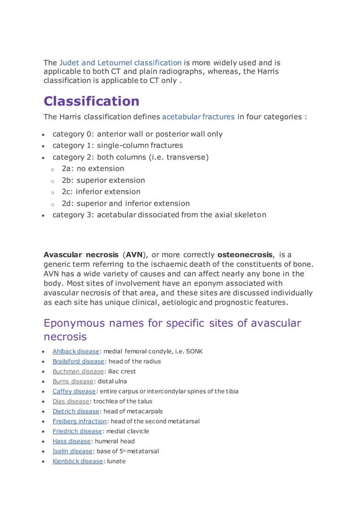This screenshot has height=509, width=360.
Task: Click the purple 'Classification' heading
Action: pos(91,102)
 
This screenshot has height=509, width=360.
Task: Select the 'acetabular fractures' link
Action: pos(198,117)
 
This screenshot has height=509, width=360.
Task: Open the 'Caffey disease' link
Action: pos(74,392)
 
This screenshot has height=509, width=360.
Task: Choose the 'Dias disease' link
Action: pos(71,401)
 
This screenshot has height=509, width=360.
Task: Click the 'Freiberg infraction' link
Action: pos(80,421)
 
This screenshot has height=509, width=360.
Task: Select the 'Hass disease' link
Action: pos(72,441)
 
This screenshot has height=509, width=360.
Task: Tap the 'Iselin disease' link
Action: pos(72,451)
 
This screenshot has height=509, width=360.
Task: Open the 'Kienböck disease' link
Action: pos(78,461)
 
